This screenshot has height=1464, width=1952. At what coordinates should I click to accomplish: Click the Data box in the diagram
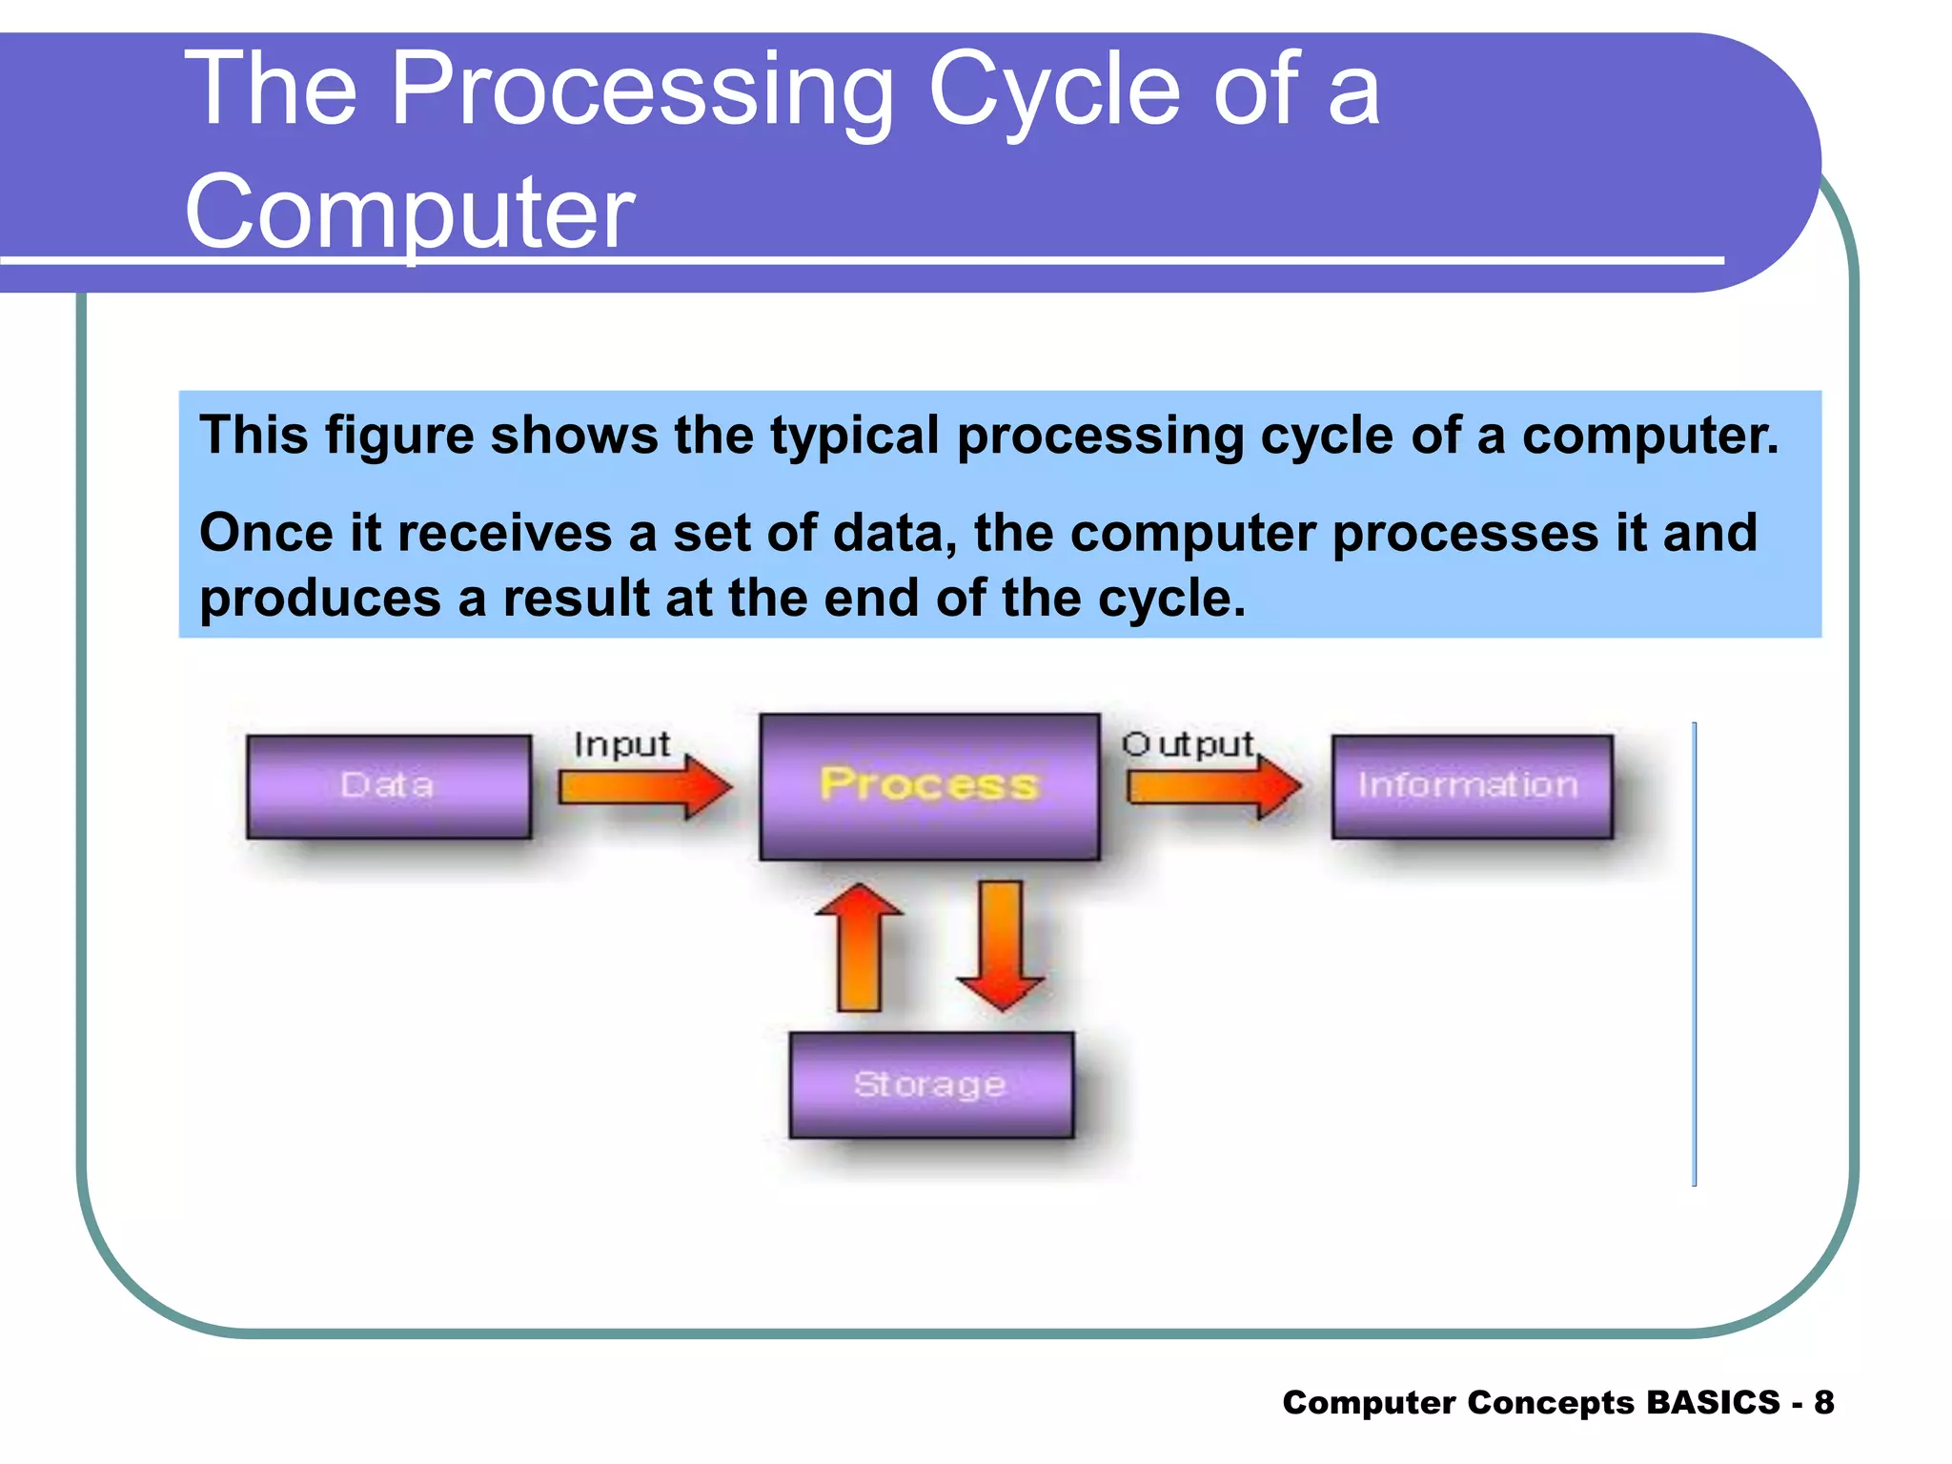coord(388,786)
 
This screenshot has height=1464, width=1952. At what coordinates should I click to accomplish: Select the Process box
coord(929,786)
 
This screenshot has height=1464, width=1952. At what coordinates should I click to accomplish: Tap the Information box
coord(1472,786)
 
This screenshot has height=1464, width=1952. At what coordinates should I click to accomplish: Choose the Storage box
coord(931,1085)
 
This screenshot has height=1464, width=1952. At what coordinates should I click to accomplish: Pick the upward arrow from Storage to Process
coord(859,947)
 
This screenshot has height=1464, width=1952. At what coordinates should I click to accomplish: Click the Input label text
coord(621,744)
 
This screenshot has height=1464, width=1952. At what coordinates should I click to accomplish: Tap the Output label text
coord(1188,744)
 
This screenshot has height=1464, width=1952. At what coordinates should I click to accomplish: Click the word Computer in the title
coord(409,212)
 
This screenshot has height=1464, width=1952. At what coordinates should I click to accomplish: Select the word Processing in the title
coord(641,90)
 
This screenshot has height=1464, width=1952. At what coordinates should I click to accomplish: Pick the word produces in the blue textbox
coord(320,599)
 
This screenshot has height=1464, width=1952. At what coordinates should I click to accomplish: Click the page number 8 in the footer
coord(1823,1402)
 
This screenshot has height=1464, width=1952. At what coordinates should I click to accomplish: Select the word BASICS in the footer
coord(1712,1402)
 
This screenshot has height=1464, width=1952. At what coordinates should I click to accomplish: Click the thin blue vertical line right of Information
coord(1694,953)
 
